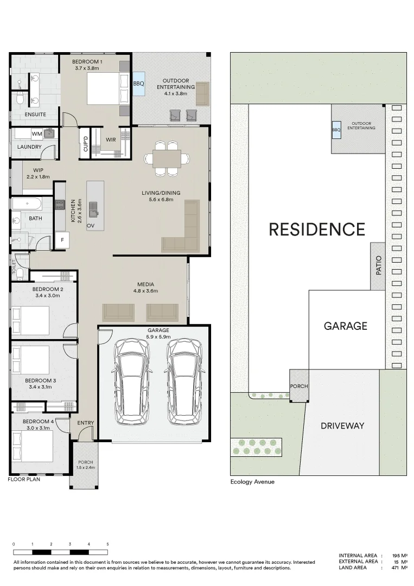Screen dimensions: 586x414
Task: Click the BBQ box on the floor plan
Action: [x=138, y=84]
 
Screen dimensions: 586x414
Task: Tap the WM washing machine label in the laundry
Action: [x=37, y=133]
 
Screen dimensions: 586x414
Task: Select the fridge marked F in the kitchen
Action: [x=62, y=239]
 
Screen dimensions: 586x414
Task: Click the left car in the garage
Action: [x=132, y=383]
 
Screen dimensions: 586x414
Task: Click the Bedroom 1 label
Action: [x=87, y=62]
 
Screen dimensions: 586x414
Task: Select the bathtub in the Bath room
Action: [x=26, y=205]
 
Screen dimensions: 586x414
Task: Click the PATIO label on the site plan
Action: [x=379, y=265]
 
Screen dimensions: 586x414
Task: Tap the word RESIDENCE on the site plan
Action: [x=317, y=230]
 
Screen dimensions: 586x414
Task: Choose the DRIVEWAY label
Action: [x=342, y=425]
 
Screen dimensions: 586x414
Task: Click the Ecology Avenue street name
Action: [x=252, y=482]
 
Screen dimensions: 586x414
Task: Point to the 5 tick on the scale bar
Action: [x=107, y=544]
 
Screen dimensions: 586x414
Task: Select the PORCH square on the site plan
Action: [x=298, y=386]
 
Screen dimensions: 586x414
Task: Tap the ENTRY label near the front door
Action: [x=85, y=423]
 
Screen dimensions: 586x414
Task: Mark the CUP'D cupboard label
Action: [x=85, y=143]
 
